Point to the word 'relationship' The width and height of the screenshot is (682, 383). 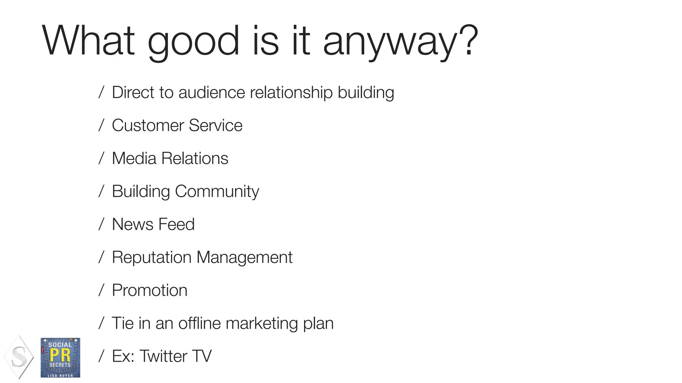click(x=291, y=92)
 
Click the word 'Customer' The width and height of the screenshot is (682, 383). click(x=148, y=125)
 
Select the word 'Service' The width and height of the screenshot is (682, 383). click(x=215, y=125)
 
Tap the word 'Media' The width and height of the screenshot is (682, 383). click(x=134, y=158)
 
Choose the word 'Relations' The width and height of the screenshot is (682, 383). click(x=195, y=158)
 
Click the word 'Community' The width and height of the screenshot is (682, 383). click(x=217, y=191)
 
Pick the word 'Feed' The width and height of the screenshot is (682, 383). click(x=176, y=224)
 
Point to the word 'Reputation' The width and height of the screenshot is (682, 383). click(x=152, y=258)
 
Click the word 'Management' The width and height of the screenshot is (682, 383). click(x=244, y=258)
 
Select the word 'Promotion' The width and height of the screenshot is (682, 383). click(x=150, y=290)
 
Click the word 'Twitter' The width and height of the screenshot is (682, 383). click(x=164, y=356)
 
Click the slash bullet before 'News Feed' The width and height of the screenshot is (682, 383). click(x=102, y=224)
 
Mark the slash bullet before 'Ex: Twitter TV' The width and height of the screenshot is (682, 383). click(x=102, y=356)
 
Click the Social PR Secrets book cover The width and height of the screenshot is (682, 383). click(x=60, y=358)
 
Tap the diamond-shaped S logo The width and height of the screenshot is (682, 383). click(x=19, y=357)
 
